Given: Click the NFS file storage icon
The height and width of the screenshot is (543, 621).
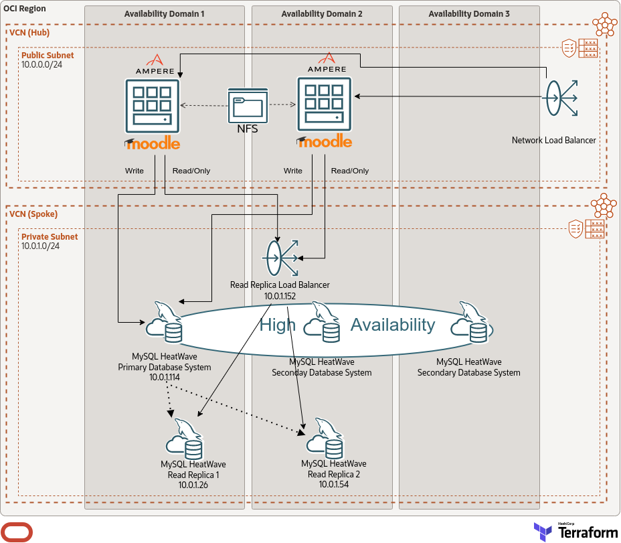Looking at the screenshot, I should pyautogui.click(x=248, y=105).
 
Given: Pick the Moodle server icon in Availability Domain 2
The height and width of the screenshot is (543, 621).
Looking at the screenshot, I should pyautogui.click(x=325, y=104).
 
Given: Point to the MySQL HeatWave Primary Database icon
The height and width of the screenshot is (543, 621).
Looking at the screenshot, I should pyautogui.click(x=165, y=323).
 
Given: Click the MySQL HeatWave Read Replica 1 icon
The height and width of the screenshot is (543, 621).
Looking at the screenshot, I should pyautogui.click(x=185, y=439).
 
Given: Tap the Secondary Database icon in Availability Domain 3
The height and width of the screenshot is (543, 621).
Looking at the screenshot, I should pyautogui.click(x=471, y=323).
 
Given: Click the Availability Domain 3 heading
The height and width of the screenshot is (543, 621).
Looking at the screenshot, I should pyautogui.click(x=468, y=14).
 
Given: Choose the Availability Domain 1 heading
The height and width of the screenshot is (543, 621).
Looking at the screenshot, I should pyautogui.click(x=165, y=14).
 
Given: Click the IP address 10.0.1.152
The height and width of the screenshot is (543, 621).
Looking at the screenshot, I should pyautogui.click(x=280, y=295).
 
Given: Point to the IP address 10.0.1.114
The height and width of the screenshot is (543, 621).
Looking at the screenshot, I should pyautogui.click(x=165, y=378).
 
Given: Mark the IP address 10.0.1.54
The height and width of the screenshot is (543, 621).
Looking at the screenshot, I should pyautogui.click(x=333, y=484).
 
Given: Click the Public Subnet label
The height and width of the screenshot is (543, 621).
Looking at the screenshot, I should pyautogui.click(x=48, y=56).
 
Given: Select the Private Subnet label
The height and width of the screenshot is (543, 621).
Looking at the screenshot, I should pyautogui.click(x=50, y=236).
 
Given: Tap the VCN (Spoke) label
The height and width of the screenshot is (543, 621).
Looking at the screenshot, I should pyautogui.click(x=33, y=214).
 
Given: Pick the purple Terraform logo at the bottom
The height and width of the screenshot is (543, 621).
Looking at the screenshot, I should pyautogui.click(x=542, y=532).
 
